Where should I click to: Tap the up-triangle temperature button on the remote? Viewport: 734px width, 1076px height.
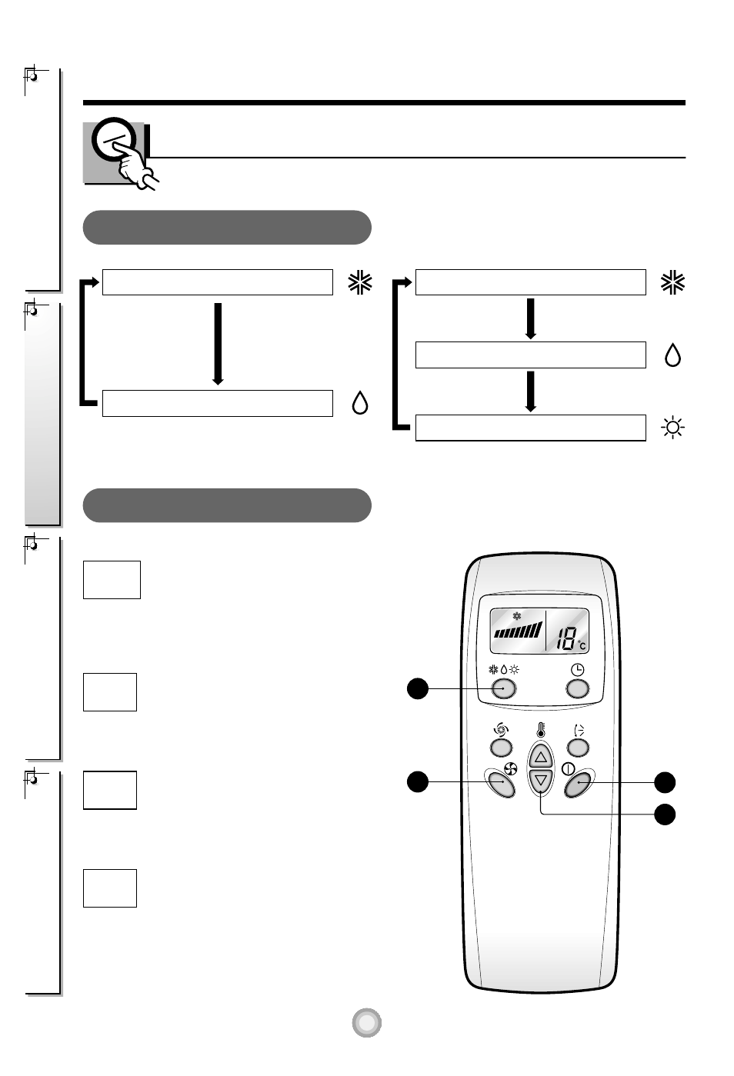click(541, 755)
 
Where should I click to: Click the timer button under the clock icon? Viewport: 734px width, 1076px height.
click(577, 688)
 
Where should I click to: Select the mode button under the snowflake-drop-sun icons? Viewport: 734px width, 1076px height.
click(504, 688)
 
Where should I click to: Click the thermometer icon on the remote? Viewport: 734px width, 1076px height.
click(541, 730)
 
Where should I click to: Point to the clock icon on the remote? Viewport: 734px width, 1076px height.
click(577, 670)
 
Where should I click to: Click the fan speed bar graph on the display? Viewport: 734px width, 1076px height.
click(519, 632)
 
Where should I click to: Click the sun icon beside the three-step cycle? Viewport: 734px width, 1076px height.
click(673, 428)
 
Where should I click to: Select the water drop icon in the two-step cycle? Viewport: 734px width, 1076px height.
click(359, 403)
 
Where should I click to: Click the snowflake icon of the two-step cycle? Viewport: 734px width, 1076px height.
click(359, 282)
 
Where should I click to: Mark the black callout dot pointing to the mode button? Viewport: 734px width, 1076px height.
click(417, 688)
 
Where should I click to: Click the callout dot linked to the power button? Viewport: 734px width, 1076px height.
click(665, 782)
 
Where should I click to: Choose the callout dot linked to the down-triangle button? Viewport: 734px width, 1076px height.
click(665, 814)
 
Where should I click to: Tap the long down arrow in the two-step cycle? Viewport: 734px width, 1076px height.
click(218, 343)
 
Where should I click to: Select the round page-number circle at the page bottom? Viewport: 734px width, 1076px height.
click(367, 1022)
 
